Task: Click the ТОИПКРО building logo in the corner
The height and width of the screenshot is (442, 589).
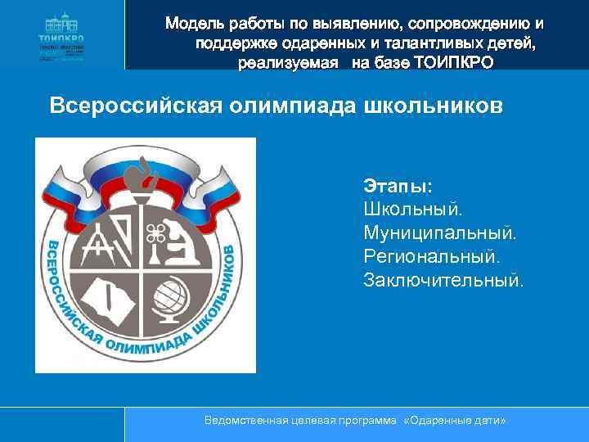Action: (61, 34)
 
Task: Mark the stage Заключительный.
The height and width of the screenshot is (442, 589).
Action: (443, 281)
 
